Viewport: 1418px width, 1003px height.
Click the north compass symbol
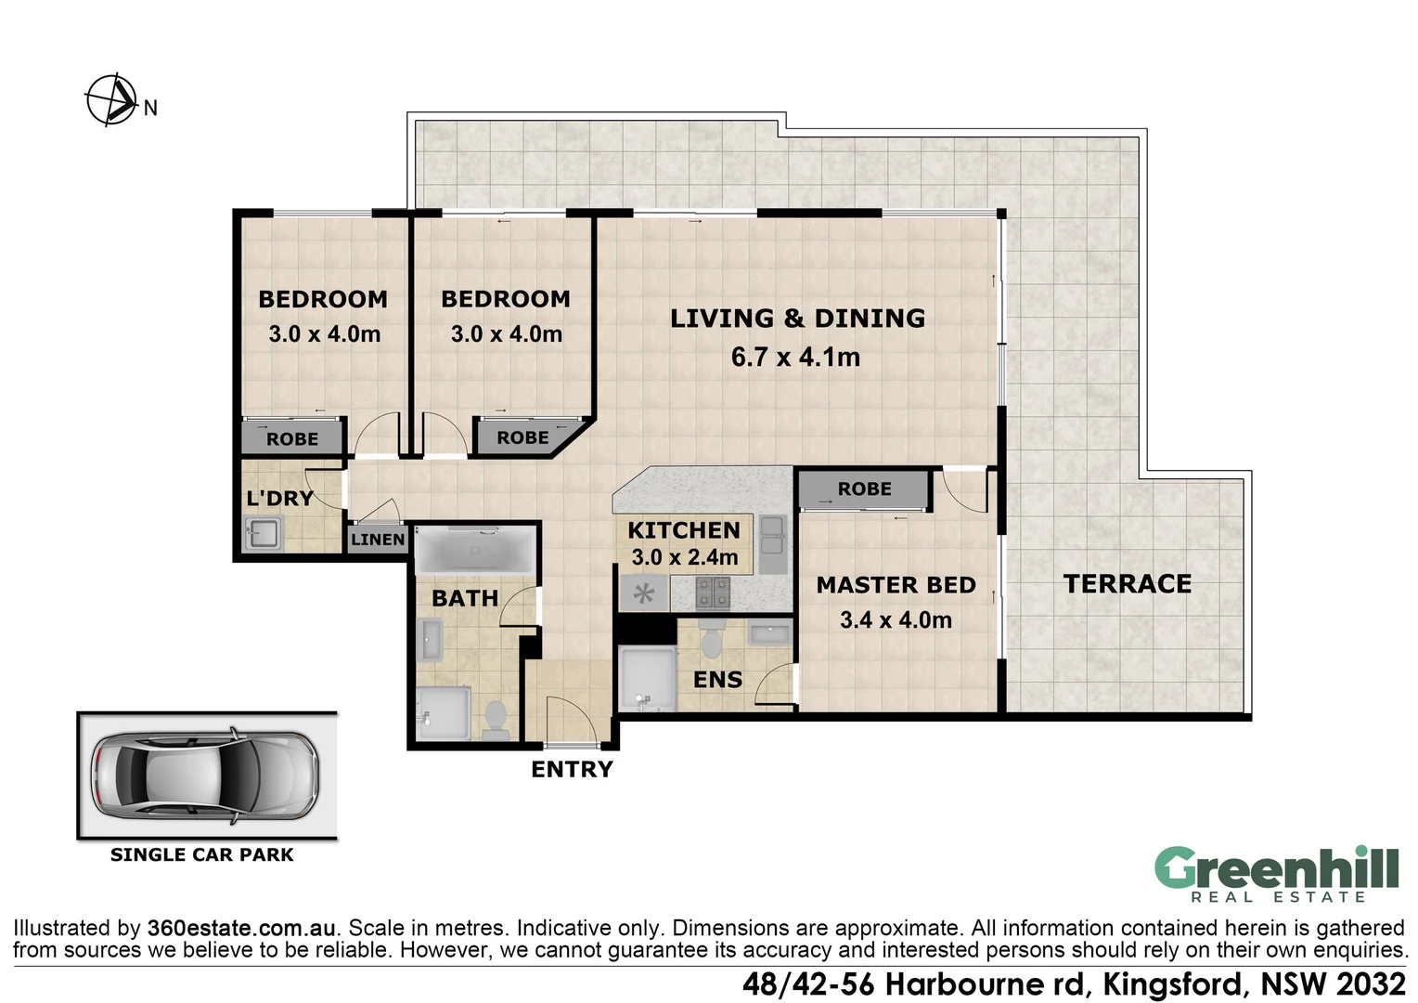(112, 100)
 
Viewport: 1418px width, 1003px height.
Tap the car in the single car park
(205, 775)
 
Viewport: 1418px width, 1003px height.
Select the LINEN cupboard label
(378, 540)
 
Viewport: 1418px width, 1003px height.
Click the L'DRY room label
(280, 498)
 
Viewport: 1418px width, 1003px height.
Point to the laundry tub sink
(264, 533)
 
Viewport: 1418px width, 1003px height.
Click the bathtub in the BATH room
(475, 550)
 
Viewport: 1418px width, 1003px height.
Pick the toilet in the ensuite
(712, 638)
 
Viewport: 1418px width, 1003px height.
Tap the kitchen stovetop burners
(713, 593)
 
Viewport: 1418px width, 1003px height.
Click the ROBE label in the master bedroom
(864, 488)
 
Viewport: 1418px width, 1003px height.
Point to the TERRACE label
(1127, 583)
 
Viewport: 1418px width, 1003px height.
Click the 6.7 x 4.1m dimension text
(795, 358)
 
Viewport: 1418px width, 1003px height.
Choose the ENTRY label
(572, 769)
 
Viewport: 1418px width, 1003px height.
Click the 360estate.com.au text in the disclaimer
(241, 928)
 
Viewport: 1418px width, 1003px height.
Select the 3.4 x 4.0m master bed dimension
(896, 619)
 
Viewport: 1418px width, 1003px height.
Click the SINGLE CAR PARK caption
(202, 854)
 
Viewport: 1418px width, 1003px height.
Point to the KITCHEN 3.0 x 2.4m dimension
(684, 557)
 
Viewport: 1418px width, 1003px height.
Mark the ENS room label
(717, 680)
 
